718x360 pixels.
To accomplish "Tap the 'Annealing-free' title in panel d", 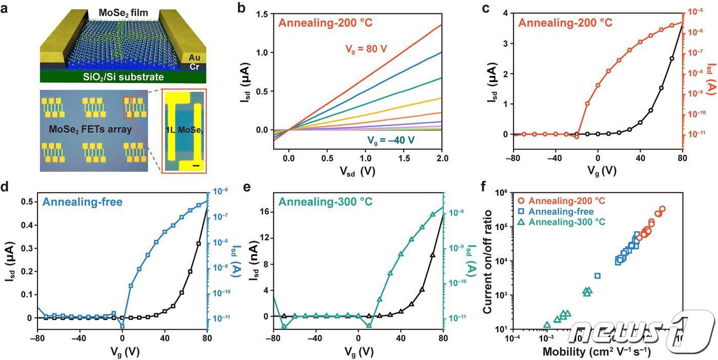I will [x=82, y=202].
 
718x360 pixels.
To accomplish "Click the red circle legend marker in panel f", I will [x=522, y=201].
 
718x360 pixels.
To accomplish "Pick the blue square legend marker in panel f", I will [x=522, y=211].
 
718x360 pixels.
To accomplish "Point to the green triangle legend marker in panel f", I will [x=522, y=222].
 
